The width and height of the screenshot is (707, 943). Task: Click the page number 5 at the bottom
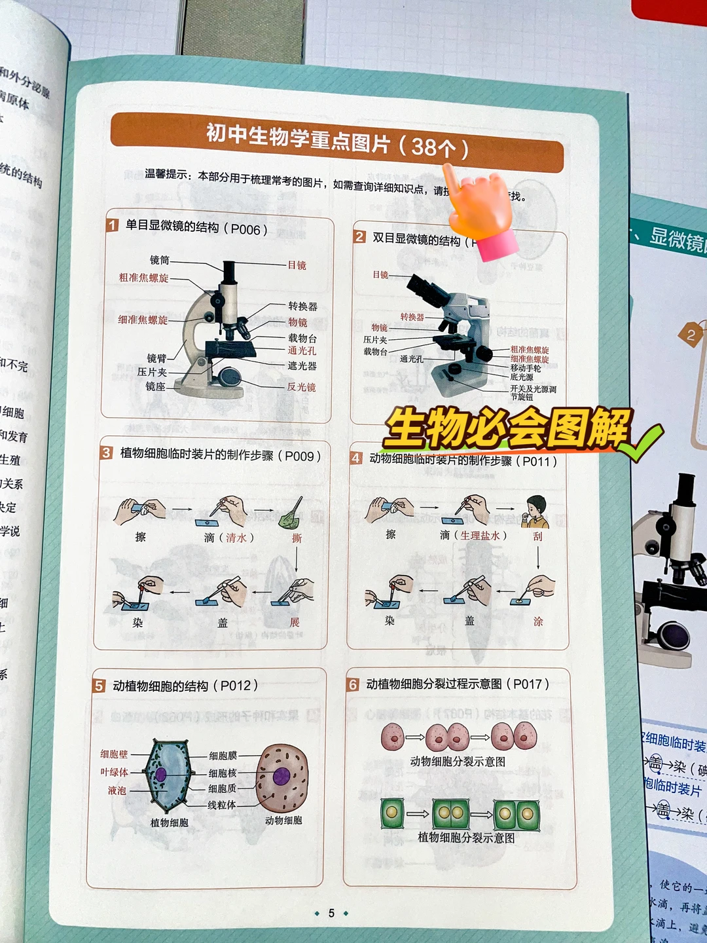[331, 913]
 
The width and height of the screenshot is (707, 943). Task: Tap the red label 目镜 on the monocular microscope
[297, 265]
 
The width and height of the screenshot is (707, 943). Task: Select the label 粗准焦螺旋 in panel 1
[143, 278]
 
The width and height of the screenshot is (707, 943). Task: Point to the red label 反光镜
[301, 387]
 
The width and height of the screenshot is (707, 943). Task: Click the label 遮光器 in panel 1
[302, 366]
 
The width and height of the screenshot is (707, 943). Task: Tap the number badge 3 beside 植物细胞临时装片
[106, 453]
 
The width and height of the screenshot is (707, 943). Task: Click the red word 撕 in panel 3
[297, 538]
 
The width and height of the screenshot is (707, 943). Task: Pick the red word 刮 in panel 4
[537, 536]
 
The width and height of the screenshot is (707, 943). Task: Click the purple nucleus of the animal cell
[281, 777]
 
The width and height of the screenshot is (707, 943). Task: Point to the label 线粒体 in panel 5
[222, 805]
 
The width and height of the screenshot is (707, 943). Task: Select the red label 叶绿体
[114, 772]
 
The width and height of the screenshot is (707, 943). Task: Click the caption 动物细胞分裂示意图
[458, 761]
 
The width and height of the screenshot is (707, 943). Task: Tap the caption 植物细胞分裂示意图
[466, 838]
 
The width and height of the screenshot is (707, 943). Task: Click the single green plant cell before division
[391, 813]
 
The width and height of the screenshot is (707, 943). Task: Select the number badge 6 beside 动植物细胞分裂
[353, 684]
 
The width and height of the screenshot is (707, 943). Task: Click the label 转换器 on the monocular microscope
[302, 306]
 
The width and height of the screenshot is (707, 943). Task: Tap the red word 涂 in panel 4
[537, 621]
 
